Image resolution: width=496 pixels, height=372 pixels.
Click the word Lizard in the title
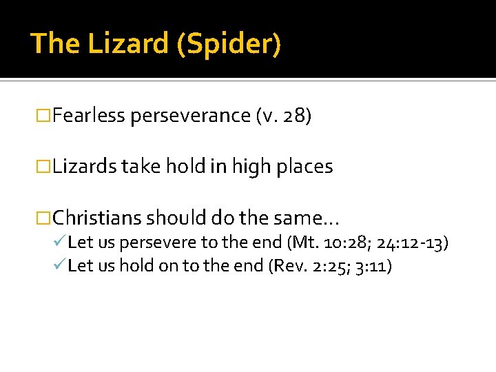coord(130,43)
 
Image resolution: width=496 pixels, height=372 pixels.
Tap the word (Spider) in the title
coord(229,44)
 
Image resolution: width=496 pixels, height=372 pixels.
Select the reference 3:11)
coord(371,265)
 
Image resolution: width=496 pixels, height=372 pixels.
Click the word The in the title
coord(55,43)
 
